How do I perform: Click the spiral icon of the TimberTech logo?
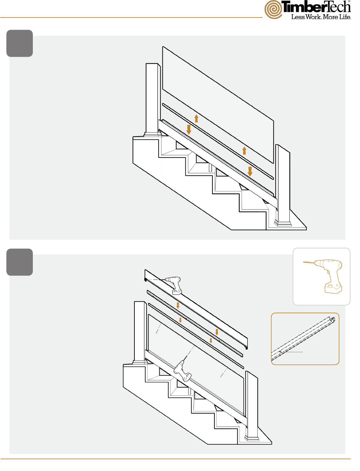coord(273,10)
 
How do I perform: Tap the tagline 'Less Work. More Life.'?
coord(321,17)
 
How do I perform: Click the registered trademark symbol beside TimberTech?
coord(349,1)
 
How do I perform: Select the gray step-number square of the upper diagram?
coord(19,43)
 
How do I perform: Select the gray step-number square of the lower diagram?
coord(19,262)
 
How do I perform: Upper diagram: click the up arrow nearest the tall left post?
coord(196,118)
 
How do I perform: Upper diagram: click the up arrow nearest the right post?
coord(244,151)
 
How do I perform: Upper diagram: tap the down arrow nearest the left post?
coord(189,130)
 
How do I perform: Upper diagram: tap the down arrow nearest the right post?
coord(250,171)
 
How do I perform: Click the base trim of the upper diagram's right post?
coord(283,223)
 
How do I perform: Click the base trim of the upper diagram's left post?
coord(153,134)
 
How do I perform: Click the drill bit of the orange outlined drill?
coord(308,262)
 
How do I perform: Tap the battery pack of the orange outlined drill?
coord(333,289)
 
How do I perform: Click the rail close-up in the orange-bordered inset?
coord(303,339)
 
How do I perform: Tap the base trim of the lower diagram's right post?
coord(252,438)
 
